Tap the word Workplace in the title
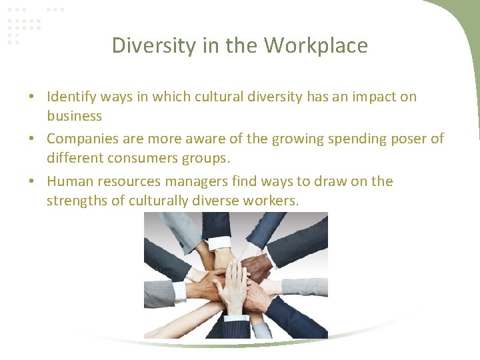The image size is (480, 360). (316, 45)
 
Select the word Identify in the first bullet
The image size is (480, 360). (72, 97)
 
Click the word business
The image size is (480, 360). (74, 116)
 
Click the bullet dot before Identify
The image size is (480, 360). (32, 97)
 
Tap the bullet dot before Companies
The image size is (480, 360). (32, 139)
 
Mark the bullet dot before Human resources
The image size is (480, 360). (32, 182)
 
